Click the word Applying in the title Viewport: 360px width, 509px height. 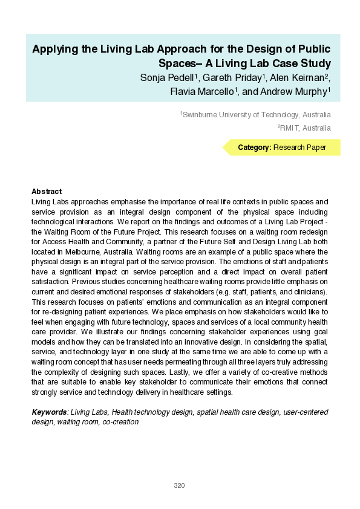coord(54,50)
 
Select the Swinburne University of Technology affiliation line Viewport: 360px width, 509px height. coord(256,114)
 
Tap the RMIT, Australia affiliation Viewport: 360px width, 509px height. coord(304,128)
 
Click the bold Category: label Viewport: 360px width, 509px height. coord(254,148)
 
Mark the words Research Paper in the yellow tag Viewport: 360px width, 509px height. coord(299,148)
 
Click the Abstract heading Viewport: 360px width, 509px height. coord(47,191)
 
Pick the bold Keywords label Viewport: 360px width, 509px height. coord(49,412)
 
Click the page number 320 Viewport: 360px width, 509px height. coord(179,485)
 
